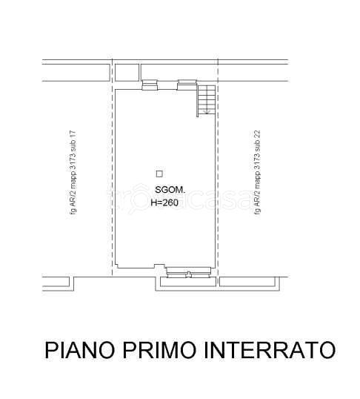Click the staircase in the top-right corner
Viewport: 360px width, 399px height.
point(205,100)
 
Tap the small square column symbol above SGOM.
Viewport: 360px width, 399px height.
point(159,174)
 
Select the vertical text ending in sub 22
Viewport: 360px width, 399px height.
point(257,172)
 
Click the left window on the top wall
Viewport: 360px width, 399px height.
point(150,86)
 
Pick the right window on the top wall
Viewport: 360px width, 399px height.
point(185,86)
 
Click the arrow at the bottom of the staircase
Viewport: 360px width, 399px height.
point(207,111)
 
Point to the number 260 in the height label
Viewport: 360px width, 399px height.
point(172,202)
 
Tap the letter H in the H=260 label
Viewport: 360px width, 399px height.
point(153,202)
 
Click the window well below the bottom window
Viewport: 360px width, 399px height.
point(187,281)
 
